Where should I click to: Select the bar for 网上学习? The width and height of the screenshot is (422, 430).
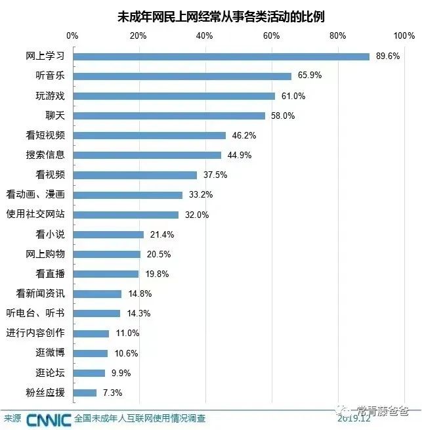(x=221, y=56)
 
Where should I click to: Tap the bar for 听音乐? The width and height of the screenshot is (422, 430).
(x=182, y=76)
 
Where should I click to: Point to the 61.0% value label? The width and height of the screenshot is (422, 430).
(x=292, y=96)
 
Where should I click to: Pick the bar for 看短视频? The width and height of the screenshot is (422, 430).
(x=149, y=135)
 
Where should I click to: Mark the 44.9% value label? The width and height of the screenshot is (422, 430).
(x=238, y=155)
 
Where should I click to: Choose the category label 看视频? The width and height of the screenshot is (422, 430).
(x=50, y=175)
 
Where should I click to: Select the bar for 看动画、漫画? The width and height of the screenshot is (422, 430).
(x=127, y=195)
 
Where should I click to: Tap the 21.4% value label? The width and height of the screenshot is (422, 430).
(x=160, y=234)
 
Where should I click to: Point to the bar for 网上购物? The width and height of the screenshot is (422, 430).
(x=106, y=254)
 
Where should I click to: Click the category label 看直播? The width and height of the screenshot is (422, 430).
(x=50, y=274)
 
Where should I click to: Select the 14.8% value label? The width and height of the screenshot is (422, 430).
(x=138, y=293)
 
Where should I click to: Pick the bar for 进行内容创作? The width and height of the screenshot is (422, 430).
(x=91, y=333)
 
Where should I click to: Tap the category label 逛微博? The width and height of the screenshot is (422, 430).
(x=50, y=353)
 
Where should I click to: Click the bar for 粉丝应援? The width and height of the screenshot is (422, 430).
(x=85, y=393)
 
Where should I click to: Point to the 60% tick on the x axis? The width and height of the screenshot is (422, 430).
(x=272, y=35)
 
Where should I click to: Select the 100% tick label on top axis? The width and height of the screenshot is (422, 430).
(x=404, y=35)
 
